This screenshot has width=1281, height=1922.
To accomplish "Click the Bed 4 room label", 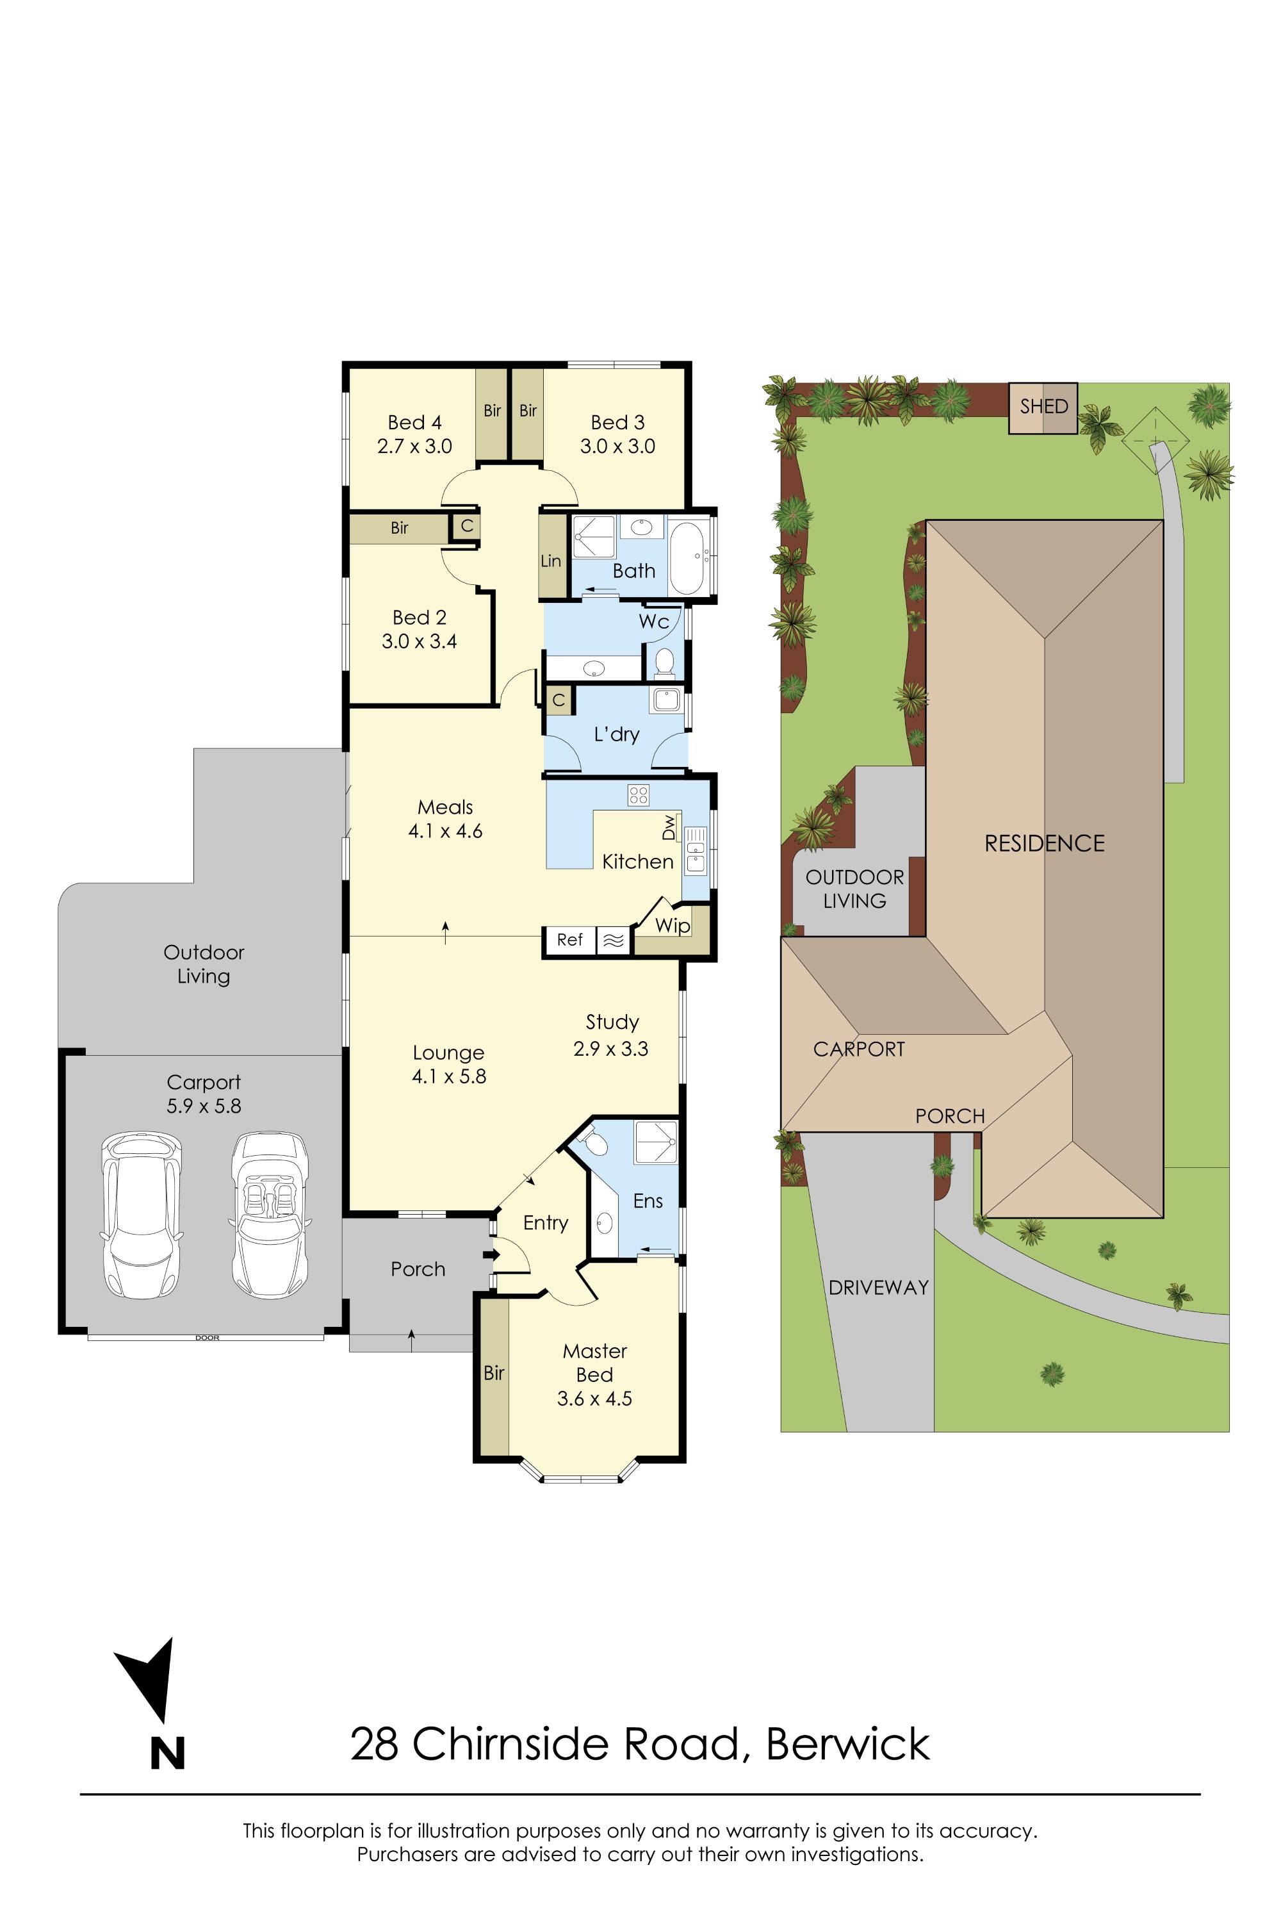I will click(x=414, y=422).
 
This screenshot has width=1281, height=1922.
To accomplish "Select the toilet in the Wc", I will click(x=664, y=661).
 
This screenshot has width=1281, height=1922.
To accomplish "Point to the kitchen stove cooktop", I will click(x=638, y=794).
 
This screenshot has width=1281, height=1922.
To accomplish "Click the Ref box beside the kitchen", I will click(x=569, y=940).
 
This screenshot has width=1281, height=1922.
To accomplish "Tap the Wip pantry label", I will click(x=673, y=925).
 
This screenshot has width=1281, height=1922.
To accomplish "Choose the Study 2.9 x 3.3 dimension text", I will click(x=610, y=1048).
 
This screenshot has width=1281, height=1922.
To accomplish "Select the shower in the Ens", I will click(x=656, y=1142).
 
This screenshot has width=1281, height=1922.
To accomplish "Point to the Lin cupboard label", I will click(x=551, y=561).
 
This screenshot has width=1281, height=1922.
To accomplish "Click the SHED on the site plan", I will click(x=1043, y=407).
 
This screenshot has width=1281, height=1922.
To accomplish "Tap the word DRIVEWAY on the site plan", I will click(x=878, y=1288).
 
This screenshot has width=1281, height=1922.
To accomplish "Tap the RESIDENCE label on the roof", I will click(x=1044, y=843).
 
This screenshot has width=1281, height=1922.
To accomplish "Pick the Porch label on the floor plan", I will click(x=418, y=1269).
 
